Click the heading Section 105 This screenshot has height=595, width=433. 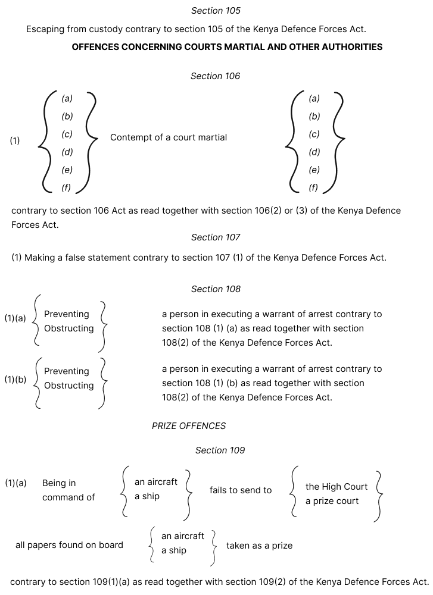pos(216,11)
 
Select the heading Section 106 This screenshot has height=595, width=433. pos(215,76)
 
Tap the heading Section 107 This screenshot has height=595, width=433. pos(216,237)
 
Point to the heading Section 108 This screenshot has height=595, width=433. pos(216,289)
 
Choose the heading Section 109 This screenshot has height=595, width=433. pos(220,450)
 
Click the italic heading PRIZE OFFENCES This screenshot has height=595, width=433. pos(189,426)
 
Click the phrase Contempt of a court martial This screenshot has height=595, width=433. pos(169,137)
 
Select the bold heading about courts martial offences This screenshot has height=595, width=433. pos(227,47)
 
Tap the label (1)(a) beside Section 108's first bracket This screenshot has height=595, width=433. pos(15,318)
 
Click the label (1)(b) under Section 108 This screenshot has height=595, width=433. pos(15,379)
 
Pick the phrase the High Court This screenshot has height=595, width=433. pos(337,487)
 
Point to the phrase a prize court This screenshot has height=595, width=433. pos(332,501)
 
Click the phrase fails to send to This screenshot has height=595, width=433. pos(241,490)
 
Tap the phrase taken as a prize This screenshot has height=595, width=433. pos(259,546)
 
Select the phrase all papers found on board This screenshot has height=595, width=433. pos(69,545)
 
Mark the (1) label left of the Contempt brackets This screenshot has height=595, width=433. pos(15,141)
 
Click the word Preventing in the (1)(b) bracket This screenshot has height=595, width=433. pos(67,371)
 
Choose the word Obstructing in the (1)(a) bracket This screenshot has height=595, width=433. pos(69,328)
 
